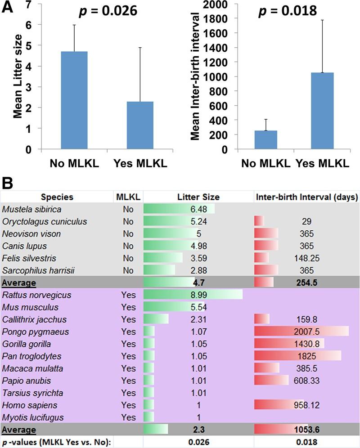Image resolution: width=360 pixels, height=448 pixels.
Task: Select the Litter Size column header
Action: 198,197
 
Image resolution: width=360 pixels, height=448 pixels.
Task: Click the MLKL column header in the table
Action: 128,197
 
